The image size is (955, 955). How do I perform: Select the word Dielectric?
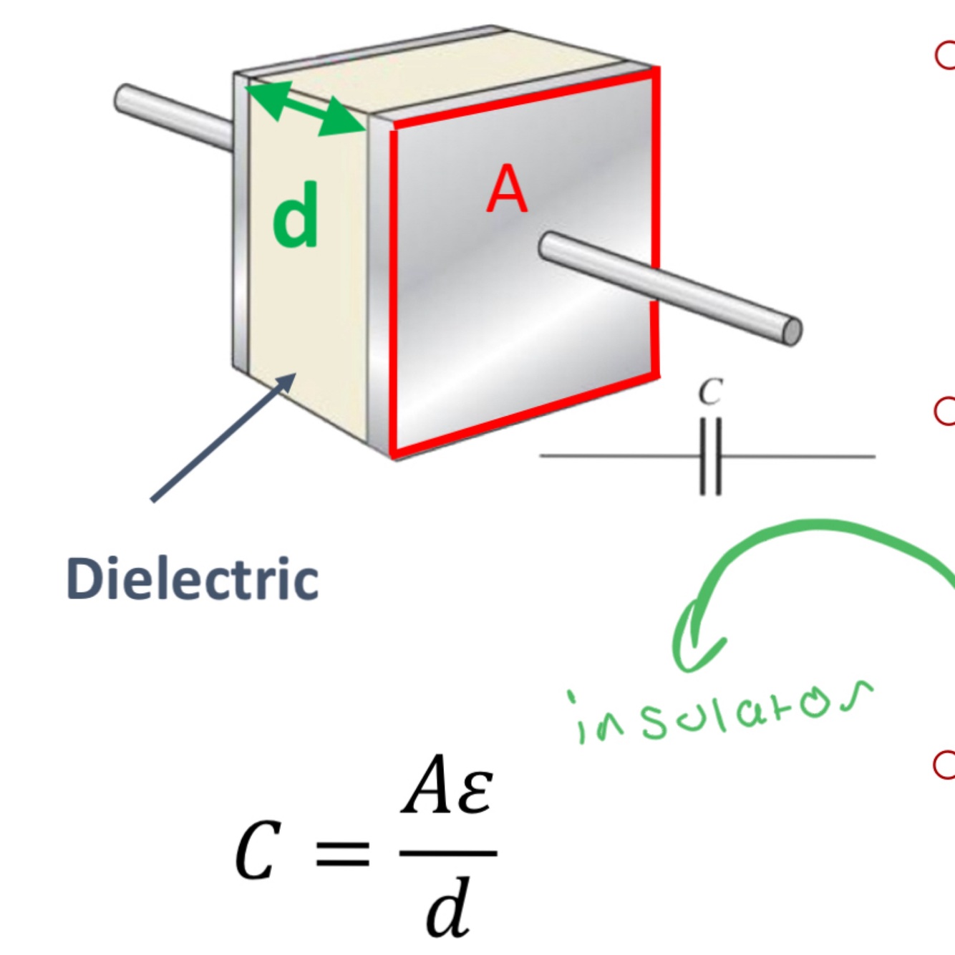coord(192,579)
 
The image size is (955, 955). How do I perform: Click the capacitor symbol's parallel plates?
coord(710,457)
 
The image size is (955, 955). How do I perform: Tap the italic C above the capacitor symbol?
coord(710,392)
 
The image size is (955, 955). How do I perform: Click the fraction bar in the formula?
coord(448,853)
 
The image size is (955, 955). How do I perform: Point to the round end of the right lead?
coord(792,331)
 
